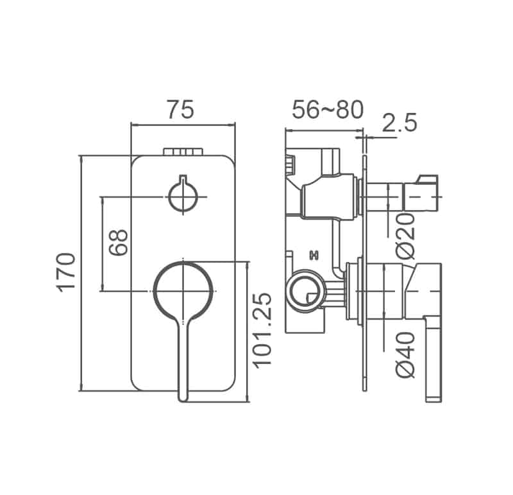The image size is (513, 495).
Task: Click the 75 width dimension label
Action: pyautogui.click(x=180, y=110)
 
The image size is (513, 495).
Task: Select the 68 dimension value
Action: pyautogui.click(x=118, y=243)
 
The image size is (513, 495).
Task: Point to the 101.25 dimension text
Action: pyautogui.click(x=262, y=329)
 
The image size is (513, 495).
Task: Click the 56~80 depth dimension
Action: pyautogui.click(x=327, y=110)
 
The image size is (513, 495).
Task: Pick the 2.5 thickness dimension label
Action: pyautogui.click(x=399, y=122)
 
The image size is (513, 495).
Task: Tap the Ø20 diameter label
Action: pyautogui.click(x=405, y=235)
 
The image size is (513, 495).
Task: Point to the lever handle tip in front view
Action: pyautogui.click(x=183, y=395)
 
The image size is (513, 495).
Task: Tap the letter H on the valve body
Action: pyautogui.click(x=314, y=255)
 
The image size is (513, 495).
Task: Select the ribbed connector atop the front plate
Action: pyautogui.click(x=183, y=152)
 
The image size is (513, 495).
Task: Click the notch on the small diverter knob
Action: pyautogui.click(x=183, y=180)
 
